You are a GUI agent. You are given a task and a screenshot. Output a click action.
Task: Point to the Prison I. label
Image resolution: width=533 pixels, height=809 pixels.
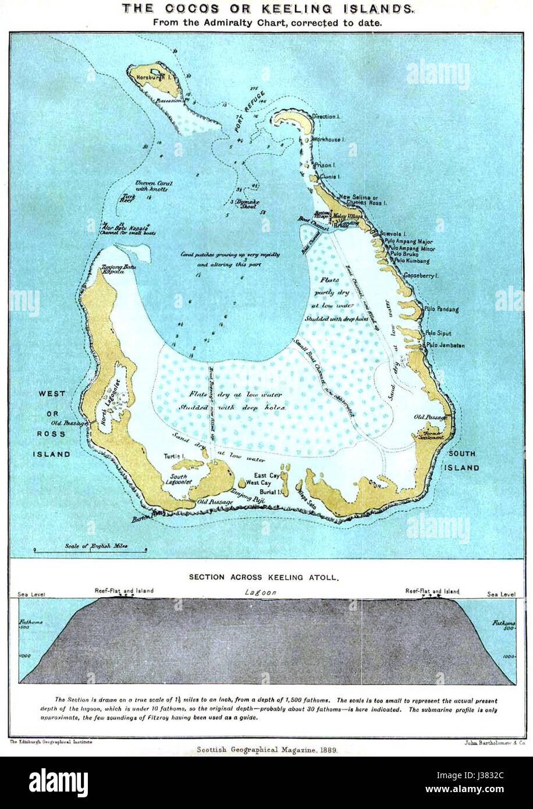coord(324,165)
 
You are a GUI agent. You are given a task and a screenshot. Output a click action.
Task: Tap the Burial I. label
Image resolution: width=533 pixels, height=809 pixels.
coord(271,492)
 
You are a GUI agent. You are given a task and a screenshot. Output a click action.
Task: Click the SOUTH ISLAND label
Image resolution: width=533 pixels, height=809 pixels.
coord(462,460)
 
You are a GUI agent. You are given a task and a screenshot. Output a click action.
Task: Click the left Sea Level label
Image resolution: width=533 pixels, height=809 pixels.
coord(32,595)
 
